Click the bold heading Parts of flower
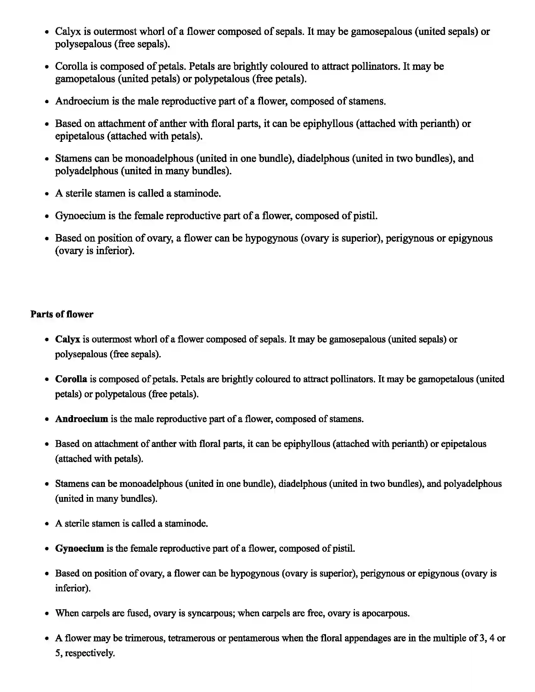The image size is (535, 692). (x=62, y=314)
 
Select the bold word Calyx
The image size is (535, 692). (x=68, y=339)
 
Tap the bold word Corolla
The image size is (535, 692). (x=71, y=379)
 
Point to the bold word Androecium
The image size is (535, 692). (x=82, y=419)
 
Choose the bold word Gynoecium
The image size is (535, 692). (x=80, y=549)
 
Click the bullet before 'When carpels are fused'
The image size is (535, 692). (x=47, y=614)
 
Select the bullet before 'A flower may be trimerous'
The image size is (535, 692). (x=47, y=639)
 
